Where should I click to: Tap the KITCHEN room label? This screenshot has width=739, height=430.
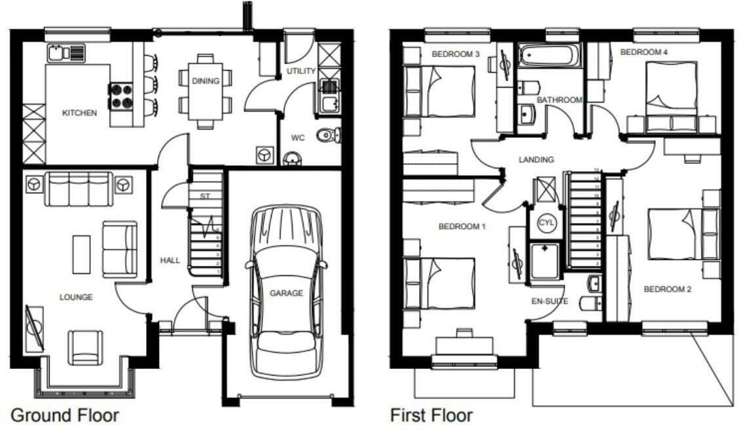79,113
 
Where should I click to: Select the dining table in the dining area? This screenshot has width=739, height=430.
206,90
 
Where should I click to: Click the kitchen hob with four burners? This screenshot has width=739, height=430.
120,96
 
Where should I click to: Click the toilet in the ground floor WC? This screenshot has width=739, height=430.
327,135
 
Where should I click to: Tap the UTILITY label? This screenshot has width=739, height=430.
301,71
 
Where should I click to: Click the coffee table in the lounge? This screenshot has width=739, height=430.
82,254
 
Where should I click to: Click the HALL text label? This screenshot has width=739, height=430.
170,260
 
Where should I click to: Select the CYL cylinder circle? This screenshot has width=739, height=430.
546,223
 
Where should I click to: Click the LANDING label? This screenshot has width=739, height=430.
536,159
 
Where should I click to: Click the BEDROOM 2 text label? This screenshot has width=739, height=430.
667,289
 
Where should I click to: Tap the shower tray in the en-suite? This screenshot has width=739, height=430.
545,262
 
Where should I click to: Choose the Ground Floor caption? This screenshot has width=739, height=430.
65,415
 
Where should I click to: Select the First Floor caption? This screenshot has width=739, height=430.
431,415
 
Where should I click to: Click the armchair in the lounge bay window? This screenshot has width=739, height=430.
86,347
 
